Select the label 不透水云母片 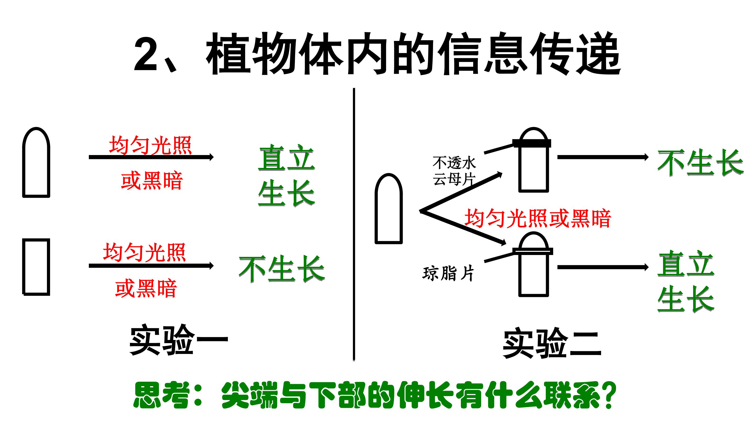[x=454, y=171]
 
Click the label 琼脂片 [x=448, y=273]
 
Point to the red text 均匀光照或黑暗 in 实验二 [x=538, y=218]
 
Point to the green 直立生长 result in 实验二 [x=686, y=281]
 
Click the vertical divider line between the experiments [x=354, y=224]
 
